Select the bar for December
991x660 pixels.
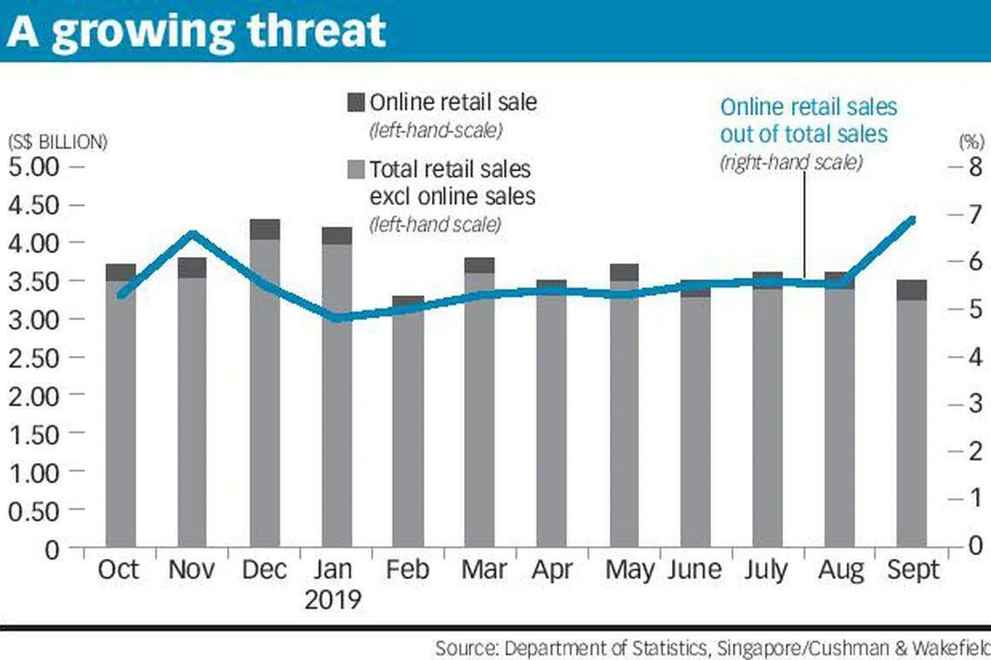click(x=265, y=391)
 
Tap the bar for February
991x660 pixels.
click(x=408, y=426)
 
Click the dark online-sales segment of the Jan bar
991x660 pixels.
click(x=336, y=236)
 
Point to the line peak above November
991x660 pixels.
click(x=193, y=233)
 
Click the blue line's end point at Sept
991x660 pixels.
click(x=912, y=219)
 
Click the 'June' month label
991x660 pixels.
click(x=695, y=571)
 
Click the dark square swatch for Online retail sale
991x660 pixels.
click(x=356, y=102)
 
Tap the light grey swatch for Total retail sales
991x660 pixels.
click(x=356, y=168)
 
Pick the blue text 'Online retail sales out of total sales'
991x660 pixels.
click(x=808, y=121)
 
